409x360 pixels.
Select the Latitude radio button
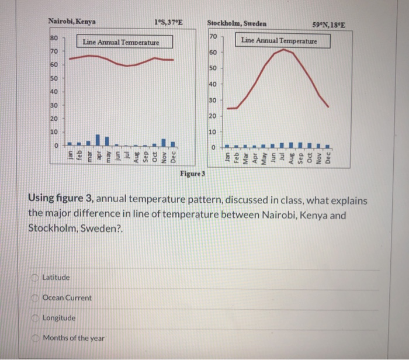point(36,277)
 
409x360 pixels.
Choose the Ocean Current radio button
point(36,298)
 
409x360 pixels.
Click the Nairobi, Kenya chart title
point(72,22)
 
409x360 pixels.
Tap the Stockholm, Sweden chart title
point(236,23)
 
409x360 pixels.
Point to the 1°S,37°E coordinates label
point(169,23)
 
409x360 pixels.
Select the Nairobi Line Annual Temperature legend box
point(120,42)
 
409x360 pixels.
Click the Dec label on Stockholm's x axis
point(328,158)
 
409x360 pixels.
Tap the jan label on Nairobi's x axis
point(70,156)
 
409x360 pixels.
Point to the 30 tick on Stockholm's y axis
point(212,101)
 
